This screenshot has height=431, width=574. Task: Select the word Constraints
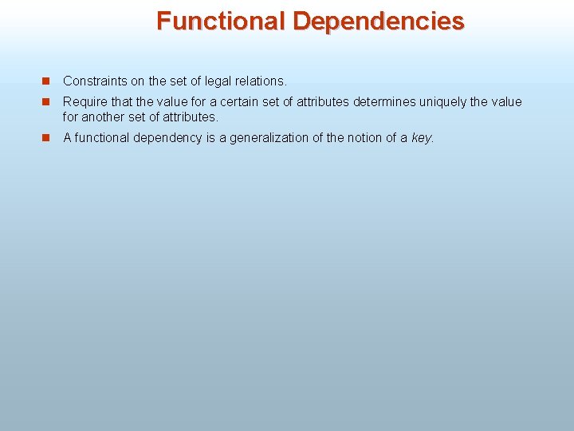point(94,81)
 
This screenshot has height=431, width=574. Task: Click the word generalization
point(269,138)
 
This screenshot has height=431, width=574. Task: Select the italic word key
point(423,138)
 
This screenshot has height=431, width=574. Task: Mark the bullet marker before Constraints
point(47,81)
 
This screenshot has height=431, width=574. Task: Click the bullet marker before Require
point(47,102)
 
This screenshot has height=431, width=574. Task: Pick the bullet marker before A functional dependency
point(47,138)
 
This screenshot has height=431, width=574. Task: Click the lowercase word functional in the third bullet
point(104,138)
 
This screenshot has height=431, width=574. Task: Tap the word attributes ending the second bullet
point(191,117)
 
